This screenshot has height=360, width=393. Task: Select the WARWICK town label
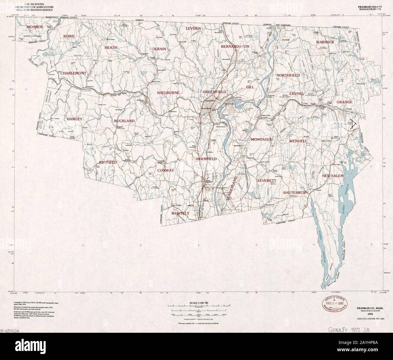point(325,42)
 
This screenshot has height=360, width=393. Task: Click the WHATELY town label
point(180,213)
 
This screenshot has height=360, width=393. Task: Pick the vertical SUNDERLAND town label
point(232,189)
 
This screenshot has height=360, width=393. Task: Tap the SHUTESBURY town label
point(295,192)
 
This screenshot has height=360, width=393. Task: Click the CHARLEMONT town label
point(73,73)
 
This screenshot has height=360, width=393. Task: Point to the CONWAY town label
point(165,170)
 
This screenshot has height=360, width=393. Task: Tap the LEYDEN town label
point(193,28)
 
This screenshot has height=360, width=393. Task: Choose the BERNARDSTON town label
point(235,47)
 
